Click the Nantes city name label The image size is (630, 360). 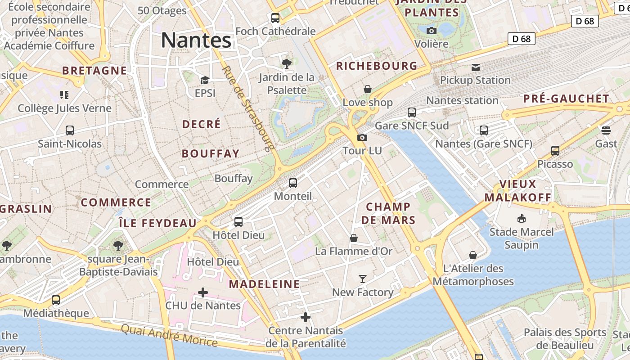click(x=196, y=40)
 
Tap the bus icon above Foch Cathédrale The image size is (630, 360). click(x=275, y=18)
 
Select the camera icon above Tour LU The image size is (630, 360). click(x=362, y=137)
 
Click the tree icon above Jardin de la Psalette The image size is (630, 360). click(x=286, y=63)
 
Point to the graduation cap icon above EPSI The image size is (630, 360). click(x=205, y=80)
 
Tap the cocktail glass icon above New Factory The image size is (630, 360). click(x=363, y=279)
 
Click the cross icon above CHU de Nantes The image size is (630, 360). click(x=203, y=292)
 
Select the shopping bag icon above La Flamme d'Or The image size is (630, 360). click(x=354, y=238)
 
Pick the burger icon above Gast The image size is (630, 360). click(x=606, y=130)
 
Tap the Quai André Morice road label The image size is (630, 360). click(x=169, y=335)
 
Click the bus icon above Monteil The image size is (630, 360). click(x=293, y=183)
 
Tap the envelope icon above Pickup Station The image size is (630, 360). click(x=476, y=67)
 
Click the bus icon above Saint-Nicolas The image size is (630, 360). click(x=70, y=130)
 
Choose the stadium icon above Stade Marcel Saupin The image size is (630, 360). click(x=521, y=219)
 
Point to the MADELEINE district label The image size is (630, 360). click(x=264, y=284)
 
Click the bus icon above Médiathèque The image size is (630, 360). click(x=56, y=300)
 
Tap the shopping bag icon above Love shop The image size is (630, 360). click(x=368, y=89)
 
